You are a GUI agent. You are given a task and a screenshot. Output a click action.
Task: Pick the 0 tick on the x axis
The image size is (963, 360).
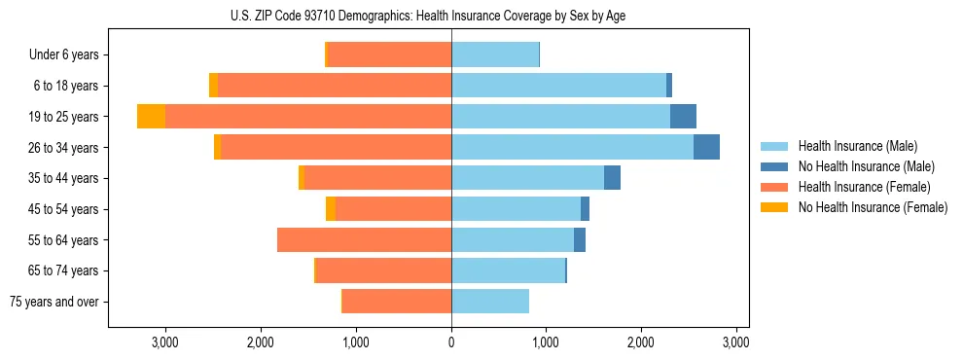451,342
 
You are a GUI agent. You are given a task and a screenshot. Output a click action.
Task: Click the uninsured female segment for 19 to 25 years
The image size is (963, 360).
151,117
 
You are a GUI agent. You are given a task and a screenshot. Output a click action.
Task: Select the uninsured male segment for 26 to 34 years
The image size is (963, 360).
706,147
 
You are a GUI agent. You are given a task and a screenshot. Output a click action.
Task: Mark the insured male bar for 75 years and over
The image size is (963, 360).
490,302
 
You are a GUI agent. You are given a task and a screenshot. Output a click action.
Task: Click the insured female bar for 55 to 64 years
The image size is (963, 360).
364,239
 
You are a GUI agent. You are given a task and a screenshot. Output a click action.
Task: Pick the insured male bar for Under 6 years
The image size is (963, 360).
495,54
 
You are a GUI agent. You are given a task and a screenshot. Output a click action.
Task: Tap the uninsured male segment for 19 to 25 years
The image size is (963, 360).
683,117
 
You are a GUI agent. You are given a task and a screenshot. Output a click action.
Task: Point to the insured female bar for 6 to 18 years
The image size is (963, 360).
335,86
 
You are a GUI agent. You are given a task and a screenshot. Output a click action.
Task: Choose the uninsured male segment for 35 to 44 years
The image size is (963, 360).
612,178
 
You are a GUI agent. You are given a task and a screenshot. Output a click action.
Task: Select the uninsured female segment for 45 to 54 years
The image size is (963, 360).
331,209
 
